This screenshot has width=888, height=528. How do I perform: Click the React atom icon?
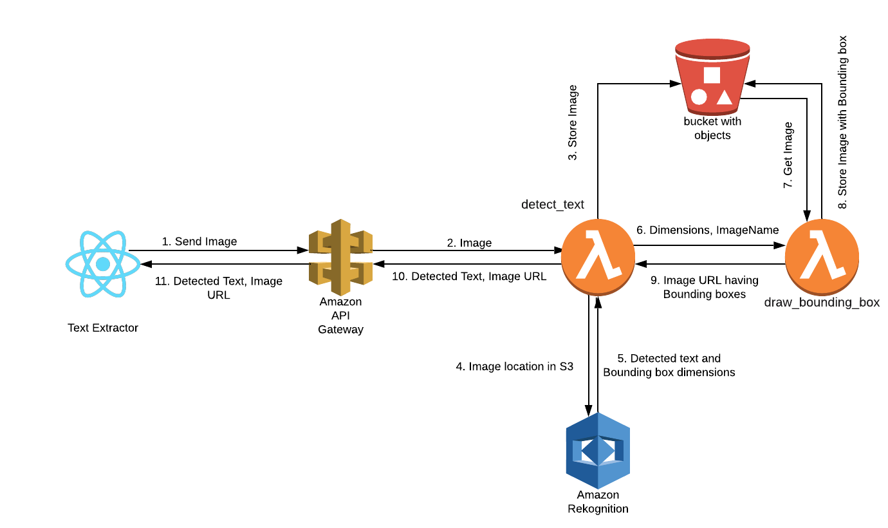tap(103, 264)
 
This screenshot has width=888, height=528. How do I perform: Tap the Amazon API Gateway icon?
tap(340, 257)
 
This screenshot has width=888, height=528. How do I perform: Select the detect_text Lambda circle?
tap(598, 257)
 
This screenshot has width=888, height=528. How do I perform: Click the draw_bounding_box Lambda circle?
tap(822, 257)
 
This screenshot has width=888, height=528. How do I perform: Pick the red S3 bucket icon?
tap(712, 77)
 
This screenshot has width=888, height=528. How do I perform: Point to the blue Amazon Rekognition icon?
tap(598, 450)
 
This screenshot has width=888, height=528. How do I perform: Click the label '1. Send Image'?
tap(199, 241)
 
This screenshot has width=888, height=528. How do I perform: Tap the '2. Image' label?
tap(469, 243)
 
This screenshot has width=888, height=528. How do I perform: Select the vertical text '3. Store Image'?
tap(573, 122)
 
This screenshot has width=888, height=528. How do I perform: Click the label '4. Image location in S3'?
tap(515, 366)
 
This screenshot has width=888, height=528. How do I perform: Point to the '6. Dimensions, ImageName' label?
tap(708, 230)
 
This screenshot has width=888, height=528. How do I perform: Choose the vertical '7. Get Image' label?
tap(788, 155)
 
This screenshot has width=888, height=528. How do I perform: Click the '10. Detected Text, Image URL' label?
tap(469, 276)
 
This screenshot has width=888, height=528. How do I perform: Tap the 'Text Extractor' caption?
tap(103, 328)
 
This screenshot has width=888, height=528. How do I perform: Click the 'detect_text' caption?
tap(553, 204)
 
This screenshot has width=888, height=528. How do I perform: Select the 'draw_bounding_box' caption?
tap(822, 302)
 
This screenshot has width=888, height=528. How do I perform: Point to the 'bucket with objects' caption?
tap(712, 128)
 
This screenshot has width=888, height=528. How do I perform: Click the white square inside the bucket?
tap(712, 75)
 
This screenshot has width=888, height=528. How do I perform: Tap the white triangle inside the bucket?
tap(725, 97)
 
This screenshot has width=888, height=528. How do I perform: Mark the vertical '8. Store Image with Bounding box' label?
tap(842, 122)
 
